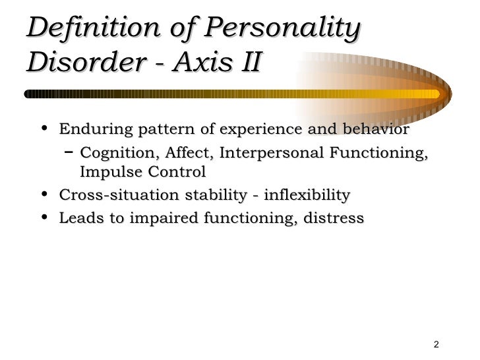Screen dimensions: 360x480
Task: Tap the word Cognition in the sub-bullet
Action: click(x=115, y=154)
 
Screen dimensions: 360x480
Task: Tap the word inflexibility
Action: click(x=306, y=195)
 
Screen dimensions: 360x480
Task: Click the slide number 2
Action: click(x=436, y=345)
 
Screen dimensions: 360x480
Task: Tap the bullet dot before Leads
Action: click(x=44, y=218)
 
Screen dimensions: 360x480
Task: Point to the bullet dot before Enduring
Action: click(x=44, y=129)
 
